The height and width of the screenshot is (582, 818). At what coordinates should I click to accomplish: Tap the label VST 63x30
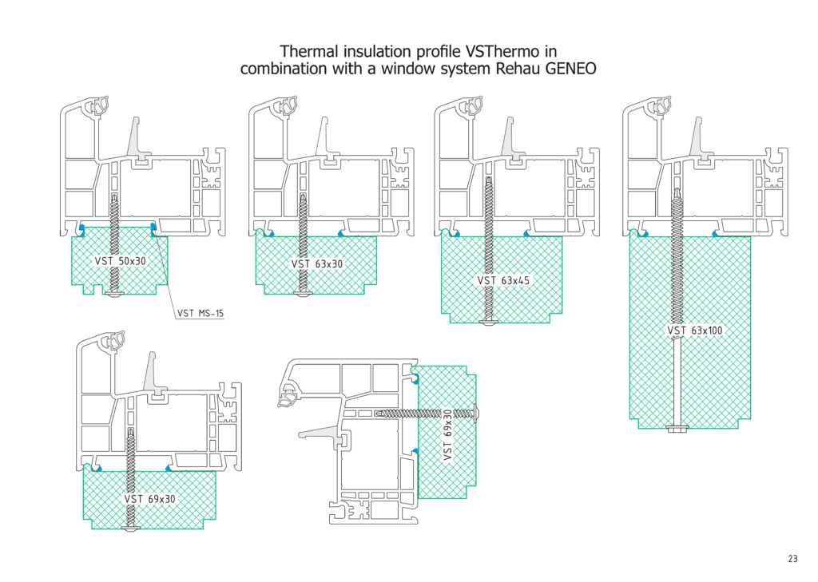point(317,264)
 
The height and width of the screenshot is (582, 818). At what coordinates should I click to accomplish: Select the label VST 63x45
point(504,280)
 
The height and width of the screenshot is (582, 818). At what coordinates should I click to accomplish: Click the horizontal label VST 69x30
point(149,499)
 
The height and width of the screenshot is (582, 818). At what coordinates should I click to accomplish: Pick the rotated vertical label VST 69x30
point(447,434)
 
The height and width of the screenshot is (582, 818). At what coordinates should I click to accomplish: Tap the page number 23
point(792,559)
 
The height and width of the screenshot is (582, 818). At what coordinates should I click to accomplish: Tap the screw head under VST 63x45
point(490,322)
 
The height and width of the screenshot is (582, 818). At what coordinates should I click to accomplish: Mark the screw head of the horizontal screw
point(478,413)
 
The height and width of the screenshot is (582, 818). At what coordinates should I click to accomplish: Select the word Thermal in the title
point(308,51)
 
